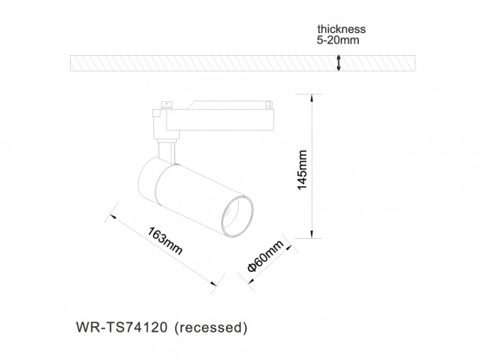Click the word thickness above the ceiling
pos(342,29)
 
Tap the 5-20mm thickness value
pos(338,40)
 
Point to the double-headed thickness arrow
pos(339,63)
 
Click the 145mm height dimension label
pos(302,170)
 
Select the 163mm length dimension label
pos(165,241)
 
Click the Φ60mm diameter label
pos(265,256)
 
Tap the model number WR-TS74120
pos(122,327)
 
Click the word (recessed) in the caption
pos(211,328)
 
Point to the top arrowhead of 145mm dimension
pos(312,97)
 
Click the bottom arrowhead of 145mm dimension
pos(312,235)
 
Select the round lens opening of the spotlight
pos(237,216)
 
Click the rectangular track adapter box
pos(220,119)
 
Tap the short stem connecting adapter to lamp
pos(167,152)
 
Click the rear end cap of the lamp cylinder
pos(148,180)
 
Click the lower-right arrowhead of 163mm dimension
pos(214,283)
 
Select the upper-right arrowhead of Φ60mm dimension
pos(288,248)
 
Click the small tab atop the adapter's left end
pos(167,105)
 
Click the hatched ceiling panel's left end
pos(71,63)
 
